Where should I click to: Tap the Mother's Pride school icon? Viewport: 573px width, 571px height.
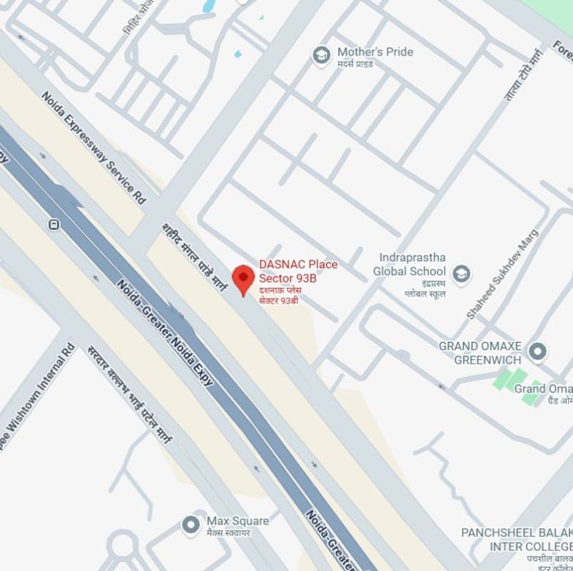tap(322, 54)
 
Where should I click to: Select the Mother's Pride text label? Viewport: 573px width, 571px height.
tap(375, 52)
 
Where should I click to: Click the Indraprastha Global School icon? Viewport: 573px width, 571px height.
tap(462, 273)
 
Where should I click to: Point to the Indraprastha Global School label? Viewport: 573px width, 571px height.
tap(410, 264)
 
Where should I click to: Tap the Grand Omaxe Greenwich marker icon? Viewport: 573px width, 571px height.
tap(539, 351)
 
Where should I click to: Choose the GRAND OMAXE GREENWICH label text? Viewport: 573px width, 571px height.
tap(489, 353)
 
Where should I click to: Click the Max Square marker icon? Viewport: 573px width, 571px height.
tap(191, 525)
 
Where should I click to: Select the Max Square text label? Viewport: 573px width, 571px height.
tap(238, 521)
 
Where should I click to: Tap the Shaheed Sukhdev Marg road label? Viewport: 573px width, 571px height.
tap(504, 273)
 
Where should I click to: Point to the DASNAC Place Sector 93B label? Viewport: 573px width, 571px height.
tap(298, 271)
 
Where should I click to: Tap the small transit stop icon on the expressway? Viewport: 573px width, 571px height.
tap(54, 224)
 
